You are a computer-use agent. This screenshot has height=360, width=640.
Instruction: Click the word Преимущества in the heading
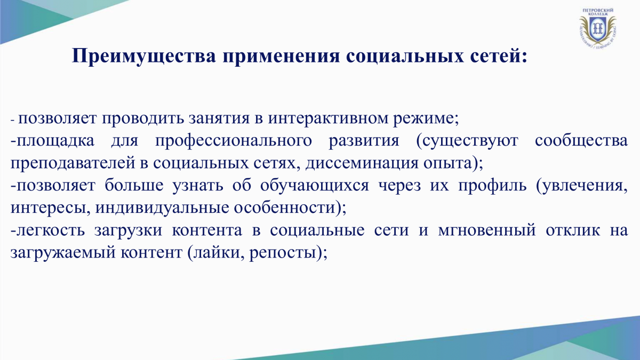tap(143, 55)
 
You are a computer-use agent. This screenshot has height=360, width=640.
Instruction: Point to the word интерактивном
tap(328, 118)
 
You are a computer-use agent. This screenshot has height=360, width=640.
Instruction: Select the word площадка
tap(55, 141)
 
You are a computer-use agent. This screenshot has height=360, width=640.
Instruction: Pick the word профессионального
tap(233, 141)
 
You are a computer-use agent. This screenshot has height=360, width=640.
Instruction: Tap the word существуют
tap(467, 141)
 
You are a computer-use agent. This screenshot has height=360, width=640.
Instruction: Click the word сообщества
tap(581, 141)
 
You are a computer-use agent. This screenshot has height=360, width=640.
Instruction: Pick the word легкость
tap(51, 230)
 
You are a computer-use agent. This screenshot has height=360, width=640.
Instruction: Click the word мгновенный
tap(486, 230)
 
